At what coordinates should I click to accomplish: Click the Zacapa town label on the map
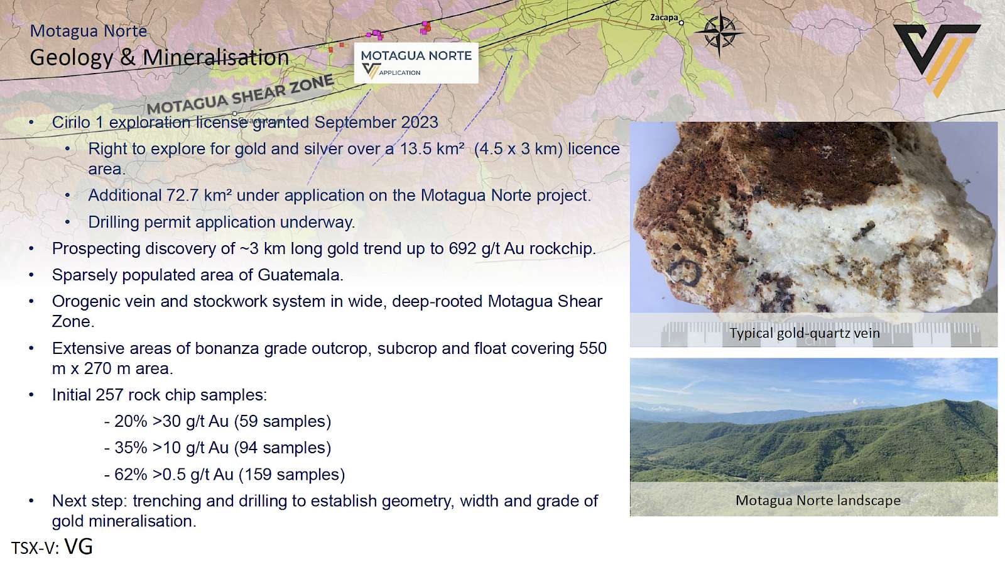pyautogui.click(x=663, y=18)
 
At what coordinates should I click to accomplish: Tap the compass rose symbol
pyautogui.click(x=719, y=32)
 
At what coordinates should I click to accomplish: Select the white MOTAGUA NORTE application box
pyautogui.click(x=416, y=63)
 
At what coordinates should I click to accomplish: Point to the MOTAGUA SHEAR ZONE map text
pyautogui.click(x=241, y=95)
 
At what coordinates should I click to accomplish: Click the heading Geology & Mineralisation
pyautogui.click(x=160, y=57)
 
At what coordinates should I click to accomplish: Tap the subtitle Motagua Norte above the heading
pyautogui.click(x=89, y=31)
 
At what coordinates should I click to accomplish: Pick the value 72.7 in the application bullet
pyautogui.click(x=182, y=196)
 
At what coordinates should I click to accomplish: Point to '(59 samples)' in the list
pyautogui.click(x=282, y=421)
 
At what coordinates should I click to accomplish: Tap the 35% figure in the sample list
pyautogui.click(x=131, y=448)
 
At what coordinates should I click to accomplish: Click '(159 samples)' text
pyautogui.click(x=291, y=475)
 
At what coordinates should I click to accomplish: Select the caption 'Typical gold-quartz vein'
pyautogui.click(x=804, y=333)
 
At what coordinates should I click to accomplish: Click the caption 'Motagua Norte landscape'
pyautogui.click(x=818, y=500)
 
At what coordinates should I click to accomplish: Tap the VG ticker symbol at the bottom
pyautogui.click(x=79, y=547)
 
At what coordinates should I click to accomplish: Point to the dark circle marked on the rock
pyautogui.click(x=685, y=272)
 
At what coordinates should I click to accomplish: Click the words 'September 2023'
pyautogui.click(x=376, y=123)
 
